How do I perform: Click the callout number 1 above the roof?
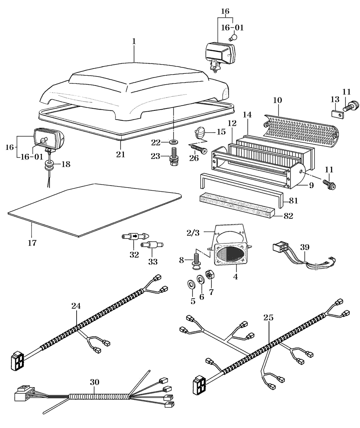(134, 42)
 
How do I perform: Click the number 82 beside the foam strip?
(288, 216)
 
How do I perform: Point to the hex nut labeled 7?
(210, 276)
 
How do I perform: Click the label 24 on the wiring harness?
(76, 306)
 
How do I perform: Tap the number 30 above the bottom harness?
(94, 382)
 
